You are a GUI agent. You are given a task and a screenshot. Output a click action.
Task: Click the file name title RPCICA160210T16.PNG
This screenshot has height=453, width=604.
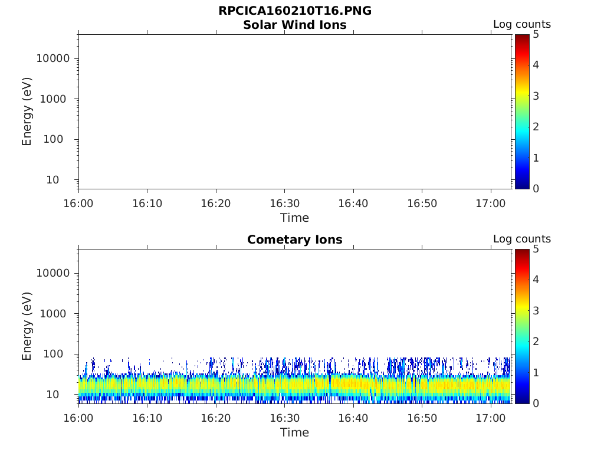[295, 11]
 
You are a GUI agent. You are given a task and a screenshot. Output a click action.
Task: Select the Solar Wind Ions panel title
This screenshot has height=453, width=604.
[295, 25]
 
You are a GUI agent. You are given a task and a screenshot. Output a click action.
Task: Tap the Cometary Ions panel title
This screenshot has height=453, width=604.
[295, 239]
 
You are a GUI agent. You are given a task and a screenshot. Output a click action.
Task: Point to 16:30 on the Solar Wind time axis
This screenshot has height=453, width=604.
[285, 203]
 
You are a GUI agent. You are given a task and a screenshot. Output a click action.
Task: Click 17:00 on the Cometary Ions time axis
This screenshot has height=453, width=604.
[491, 418]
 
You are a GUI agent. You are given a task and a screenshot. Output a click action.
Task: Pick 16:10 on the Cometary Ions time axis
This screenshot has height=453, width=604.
[147, 418]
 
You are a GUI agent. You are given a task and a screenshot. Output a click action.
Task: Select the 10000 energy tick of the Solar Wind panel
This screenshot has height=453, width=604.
[53, 58]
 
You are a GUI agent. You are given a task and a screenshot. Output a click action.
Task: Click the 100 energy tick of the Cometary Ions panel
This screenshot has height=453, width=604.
[53, 354]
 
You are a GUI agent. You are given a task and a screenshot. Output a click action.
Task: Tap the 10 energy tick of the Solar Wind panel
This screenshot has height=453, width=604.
[52, 180]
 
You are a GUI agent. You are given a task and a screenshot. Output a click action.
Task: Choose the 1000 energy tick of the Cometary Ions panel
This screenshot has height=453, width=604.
[53, 314]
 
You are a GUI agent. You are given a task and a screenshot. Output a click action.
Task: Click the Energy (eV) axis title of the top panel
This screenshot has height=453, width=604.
[27, 111]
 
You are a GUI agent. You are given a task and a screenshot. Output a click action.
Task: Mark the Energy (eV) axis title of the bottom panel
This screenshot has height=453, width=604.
[27, 326]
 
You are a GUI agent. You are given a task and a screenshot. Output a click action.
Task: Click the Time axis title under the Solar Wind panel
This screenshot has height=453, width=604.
[295, 218]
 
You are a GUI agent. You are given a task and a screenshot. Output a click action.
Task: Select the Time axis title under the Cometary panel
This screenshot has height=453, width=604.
[295, 432]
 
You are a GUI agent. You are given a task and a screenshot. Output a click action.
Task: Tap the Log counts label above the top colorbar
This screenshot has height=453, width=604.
[522, 24]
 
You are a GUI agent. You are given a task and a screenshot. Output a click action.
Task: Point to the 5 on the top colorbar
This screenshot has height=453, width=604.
[536, 35]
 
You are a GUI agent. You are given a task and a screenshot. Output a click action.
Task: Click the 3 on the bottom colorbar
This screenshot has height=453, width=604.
[536, 310]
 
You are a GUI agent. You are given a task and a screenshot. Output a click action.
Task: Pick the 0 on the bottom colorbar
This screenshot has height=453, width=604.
[536, 403]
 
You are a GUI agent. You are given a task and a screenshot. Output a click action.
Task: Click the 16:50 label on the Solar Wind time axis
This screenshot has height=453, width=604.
[422, 203]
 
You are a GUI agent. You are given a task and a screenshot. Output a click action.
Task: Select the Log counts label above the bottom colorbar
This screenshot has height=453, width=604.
[522, 239]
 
